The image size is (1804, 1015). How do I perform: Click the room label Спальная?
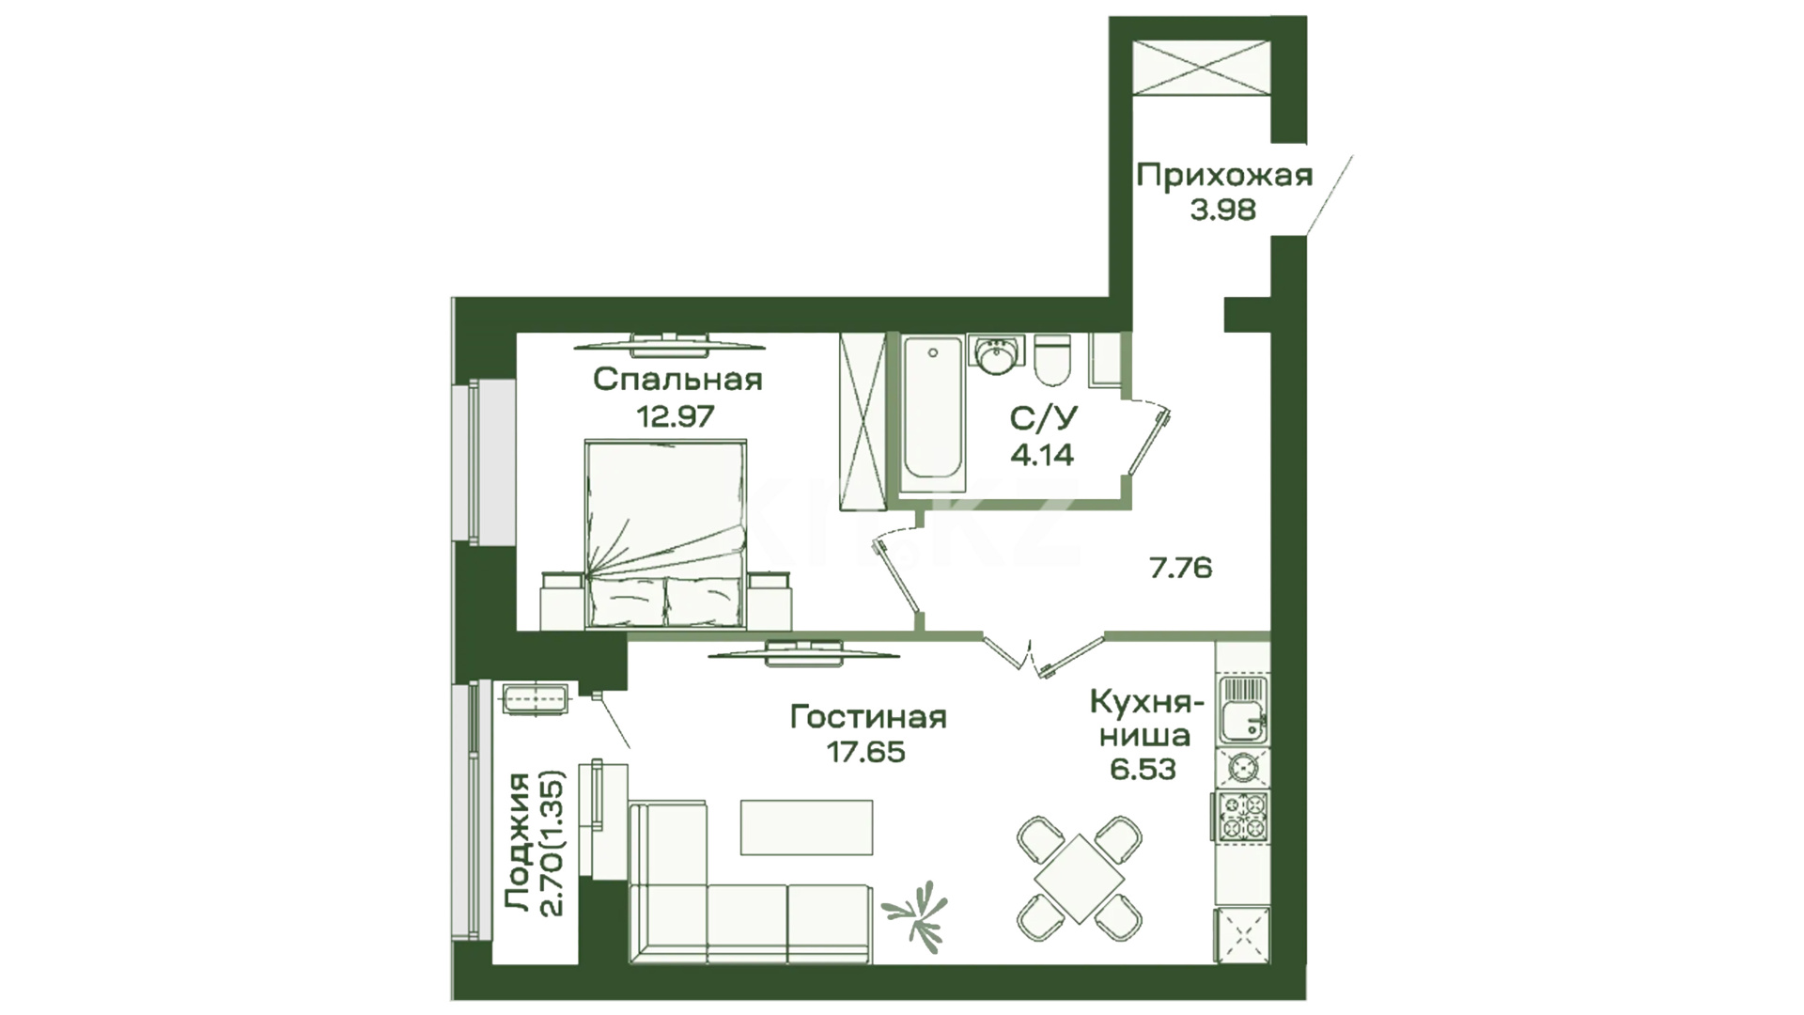(677, 380)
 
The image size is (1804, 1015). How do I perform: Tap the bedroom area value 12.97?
(676, 414)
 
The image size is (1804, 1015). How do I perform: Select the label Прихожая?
(1224, 175)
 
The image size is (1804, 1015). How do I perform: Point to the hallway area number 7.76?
(1181, 568)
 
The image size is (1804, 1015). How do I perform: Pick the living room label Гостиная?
(868, 717)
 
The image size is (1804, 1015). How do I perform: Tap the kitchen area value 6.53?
(1143, 769)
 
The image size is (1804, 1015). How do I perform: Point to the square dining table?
(1081, 880)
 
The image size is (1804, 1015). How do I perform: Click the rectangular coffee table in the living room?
(806, 827)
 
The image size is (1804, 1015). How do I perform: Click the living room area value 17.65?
(866, 752)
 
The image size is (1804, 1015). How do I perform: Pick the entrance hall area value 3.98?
(1223, 210)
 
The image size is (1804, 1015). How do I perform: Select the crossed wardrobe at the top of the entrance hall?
(1205, 67)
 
